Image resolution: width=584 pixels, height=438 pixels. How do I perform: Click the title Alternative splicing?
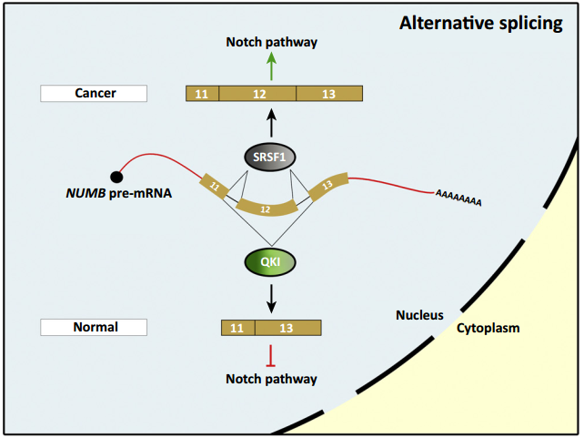click(481, 23)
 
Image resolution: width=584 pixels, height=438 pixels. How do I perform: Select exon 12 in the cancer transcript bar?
click(257, 94)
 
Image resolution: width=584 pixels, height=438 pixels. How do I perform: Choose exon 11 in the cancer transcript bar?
click(202, 94)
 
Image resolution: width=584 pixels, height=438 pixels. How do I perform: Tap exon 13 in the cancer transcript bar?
click(329, 94)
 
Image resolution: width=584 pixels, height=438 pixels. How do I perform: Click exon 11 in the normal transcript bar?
click(238, 328)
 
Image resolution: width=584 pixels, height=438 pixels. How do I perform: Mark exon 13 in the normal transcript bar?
click(287, 328)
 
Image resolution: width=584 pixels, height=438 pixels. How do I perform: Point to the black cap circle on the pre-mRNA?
click(116, 176)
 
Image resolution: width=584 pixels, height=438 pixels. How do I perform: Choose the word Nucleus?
click(418, 315)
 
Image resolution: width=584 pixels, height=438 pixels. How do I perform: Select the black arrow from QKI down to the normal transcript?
click(270, 296)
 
